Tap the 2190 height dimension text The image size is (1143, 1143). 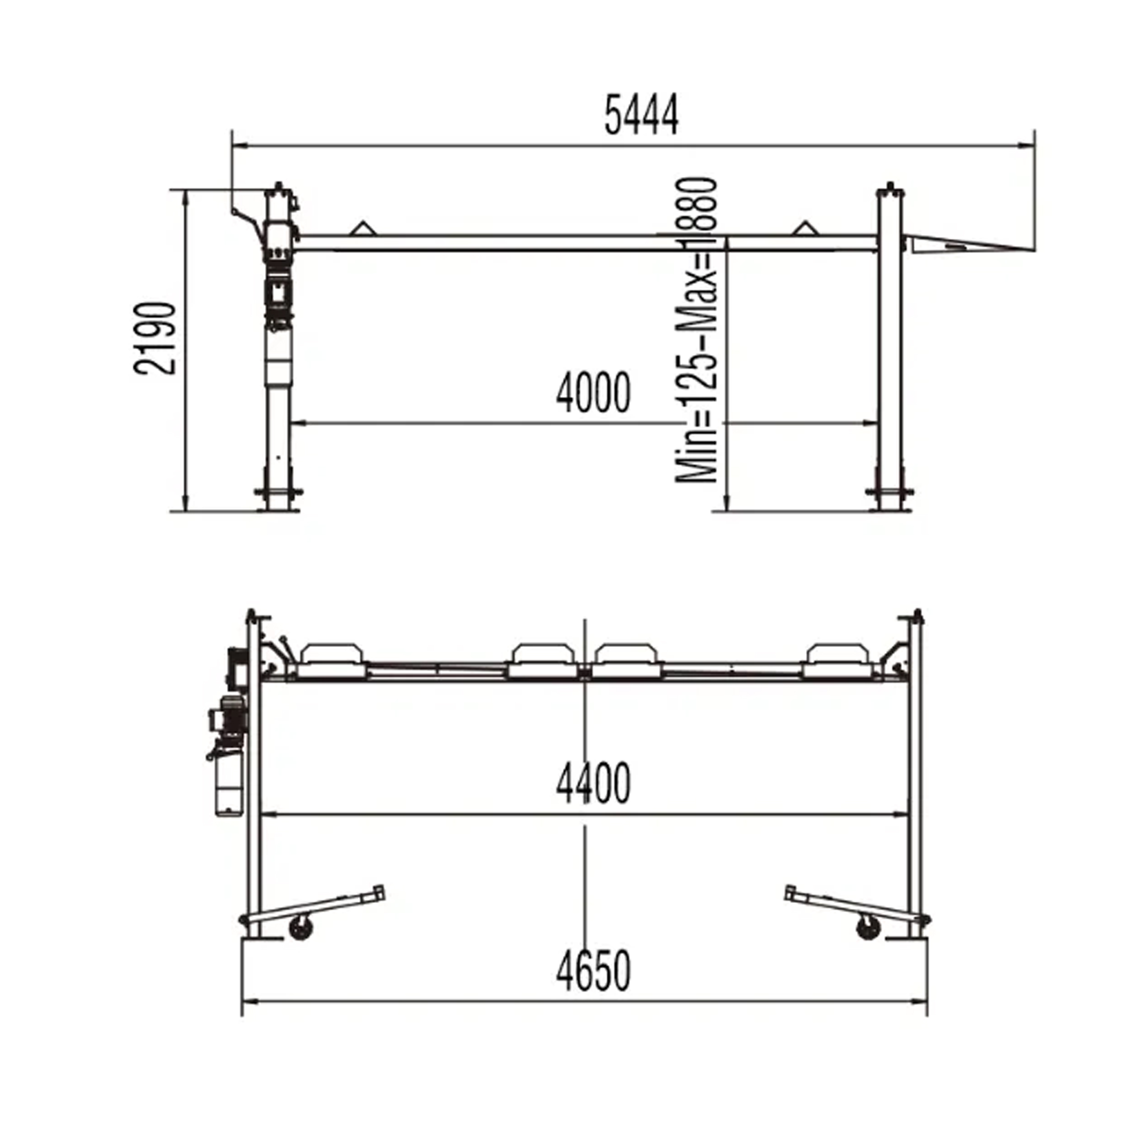155,338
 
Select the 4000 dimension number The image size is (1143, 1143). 593,393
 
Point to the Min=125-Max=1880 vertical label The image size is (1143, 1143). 697,330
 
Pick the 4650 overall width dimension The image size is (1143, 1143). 593,971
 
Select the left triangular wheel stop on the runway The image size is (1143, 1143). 362,228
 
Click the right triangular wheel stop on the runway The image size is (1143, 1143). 803,228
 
